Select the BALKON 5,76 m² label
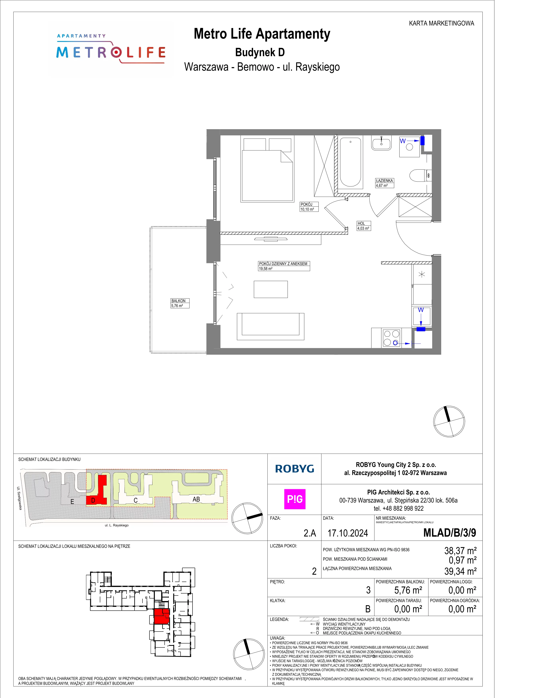coord(180,303)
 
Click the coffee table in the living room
coord(271,289)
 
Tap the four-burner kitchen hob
coord(391,338)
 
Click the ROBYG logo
coord(295,469)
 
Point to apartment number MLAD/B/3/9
coord(450,532)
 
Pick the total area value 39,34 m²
coord(460,571)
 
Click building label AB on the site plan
coord(196,499)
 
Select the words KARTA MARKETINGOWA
coord(442,23)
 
